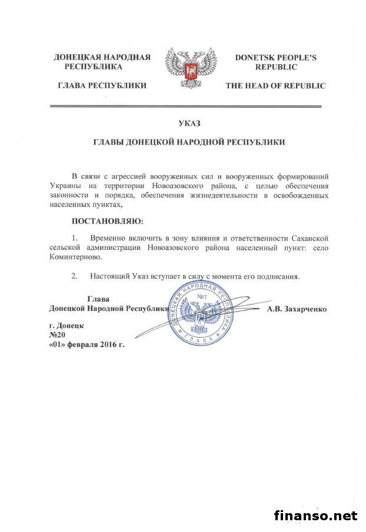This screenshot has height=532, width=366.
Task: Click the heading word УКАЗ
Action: [188, 123]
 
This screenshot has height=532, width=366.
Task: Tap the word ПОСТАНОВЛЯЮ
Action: [107, 222]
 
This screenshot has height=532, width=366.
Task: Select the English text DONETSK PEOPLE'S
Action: [275, 58]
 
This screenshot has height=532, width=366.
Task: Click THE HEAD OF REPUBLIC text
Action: [275, 86]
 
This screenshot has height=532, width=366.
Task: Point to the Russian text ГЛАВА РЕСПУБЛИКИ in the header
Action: [102, 86]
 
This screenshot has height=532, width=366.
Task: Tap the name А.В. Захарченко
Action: [297, 308]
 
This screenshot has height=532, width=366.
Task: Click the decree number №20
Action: [58, 335]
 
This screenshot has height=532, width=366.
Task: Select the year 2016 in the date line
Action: [106, 345]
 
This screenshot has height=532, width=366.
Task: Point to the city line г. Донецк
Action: [66, 325]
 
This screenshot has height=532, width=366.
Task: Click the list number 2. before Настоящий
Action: [75, 276]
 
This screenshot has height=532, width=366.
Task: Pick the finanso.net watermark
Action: [316, 516]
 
